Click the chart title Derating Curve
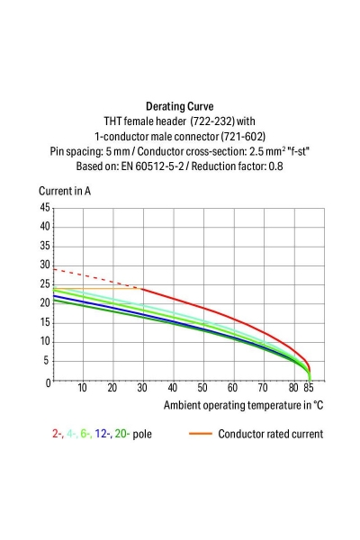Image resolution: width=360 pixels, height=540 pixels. [179, 106]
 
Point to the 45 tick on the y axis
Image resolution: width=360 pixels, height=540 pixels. [45, 208]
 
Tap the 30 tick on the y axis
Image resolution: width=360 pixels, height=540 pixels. [45, 265]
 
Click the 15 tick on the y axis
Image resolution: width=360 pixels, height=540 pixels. [45, 323]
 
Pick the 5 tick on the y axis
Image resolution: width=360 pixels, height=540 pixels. [47, 362]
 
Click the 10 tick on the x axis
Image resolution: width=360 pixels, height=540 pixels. [82, 389]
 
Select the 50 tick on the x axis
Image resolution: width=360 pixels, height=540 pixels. [202, 389]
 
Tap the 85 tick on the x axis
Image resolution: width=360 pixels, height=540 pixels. [309, 389]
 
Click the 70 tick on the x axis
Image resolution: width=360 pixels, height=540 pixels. [263, 389]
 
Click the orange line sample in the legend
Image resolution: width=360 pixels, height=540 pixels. [202, 434]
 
